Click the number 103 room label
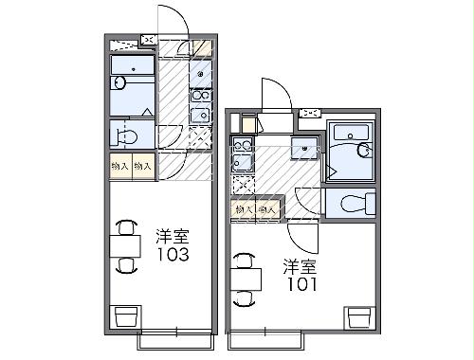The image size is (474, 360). pyautogui.click(x=173, y=255)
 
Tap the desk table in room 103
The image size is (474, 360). pyautogui.click(x=125, y=245)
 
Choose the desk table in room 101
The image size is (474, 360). pyautogui.click(x=246, y=276)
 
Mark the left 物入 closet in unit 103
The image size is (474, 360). pyautogui.click(x=119, y=166)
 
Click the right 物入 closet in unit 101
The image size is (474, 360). pyautogui.click(x=268, y=208)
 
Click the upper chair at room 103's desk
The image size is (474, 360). pyautogui.click(x=125, y=226)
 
